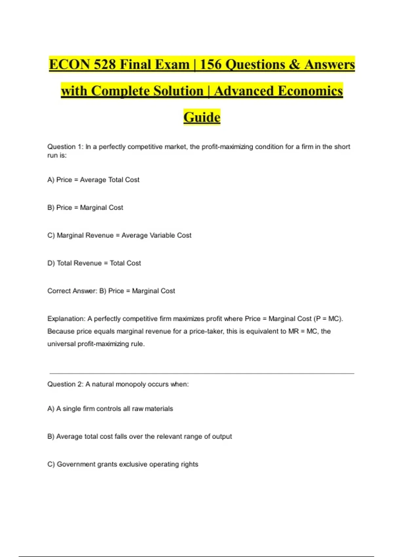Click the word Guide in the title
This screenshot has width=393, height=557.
[202, 117]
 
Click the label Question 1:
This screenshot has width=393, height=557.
[65, 147]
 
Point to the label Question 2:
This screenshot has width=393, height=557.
[65, 384]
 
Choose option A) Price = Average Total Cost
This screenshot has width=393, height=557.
[93, 180]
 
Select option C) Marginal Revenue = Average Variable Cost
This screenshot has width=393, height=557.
[119, 236]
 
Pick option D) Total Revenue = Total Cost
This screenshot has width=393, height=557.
[94, 263]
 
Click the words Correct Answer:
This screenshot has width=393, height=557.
[72, 291]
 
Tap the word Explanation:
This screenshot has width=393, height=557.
[66, 319]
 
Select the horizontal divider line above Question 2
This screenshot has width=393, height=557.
[202, 373]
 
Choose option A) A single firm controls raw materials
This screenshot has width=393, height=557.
[110, 409]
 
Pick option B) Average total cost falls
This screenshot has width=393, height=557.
[140, 437]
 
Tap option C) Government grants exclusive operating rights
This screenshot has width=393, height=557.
[123, 464]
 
